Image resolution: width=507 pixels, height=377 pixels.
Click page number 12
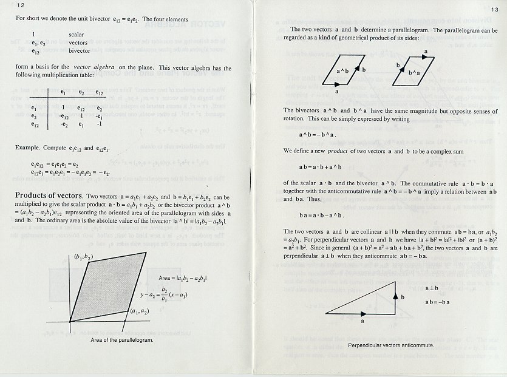click(12, 5)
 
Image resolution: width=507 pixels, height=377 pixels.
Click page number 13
click(494, 10)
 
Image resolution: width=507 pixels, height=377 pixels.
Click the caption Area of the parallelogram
click(121, 340)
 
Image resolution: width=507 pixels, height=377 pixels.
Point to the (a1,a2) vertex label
click(140, 311)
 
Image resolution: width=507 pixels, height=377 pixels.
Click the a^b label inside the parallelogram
click(342, 72)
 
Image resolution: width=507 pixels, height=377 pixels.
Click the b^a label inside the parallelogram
click(414, 72)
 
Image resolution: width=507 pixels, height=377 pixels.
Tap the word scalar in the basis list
click(77, 35)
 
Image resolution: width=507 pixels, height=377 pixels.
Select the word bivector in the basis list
click(80, 52)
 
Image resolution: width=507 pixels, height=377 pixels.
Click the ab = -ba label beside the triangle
click(437, 302)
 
